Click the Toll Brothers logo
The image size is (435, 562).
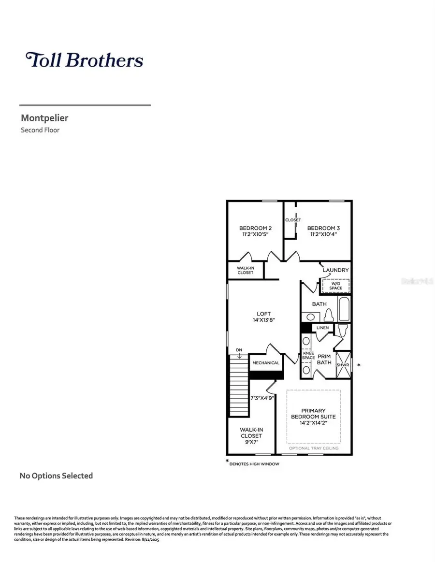tap(84, 60)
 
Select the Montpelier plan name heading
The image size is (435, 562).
tap(44, 117)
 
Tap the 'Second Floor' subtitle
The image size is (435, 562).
tap(40, 130)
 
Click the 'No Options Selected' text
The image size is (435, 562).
tap(56, 476)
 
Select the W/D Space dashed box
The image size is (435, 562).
tap(335, 286)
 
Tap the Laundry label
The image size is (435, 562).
tap(335, 270)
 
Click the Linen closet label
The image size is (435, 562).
tap(322, 328)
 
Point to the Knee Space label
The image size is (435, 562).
tap(308, 356)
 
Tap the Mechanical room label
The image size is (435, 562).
tap(266, 363)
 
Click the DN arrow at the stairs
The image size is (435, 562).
tap(239, 352)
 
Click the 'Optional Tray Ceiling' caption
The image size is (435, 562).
tap(313, 448)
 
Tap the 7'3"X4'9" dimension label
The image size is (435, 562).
tap(262, 398)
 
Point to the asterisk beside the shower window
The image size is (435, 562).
tap(358, 365)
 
